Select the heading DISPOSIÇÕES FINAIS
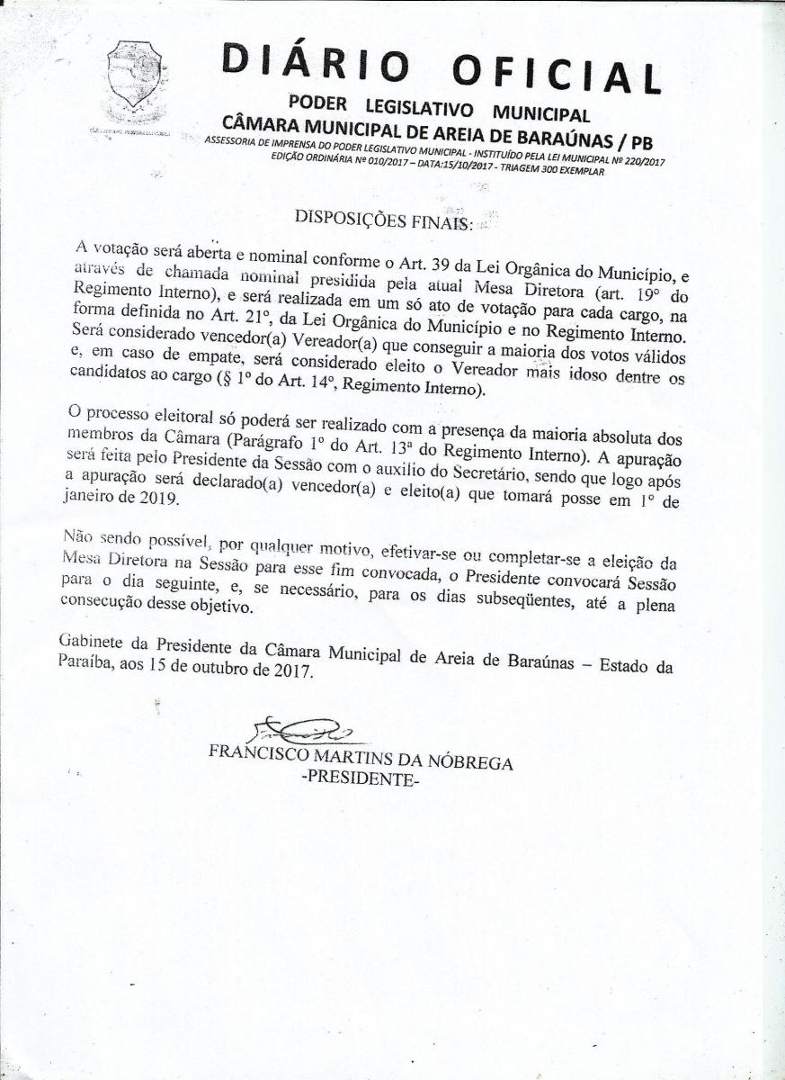tap(382, 218)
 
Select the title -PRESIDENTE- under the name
tap(360, 779)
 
